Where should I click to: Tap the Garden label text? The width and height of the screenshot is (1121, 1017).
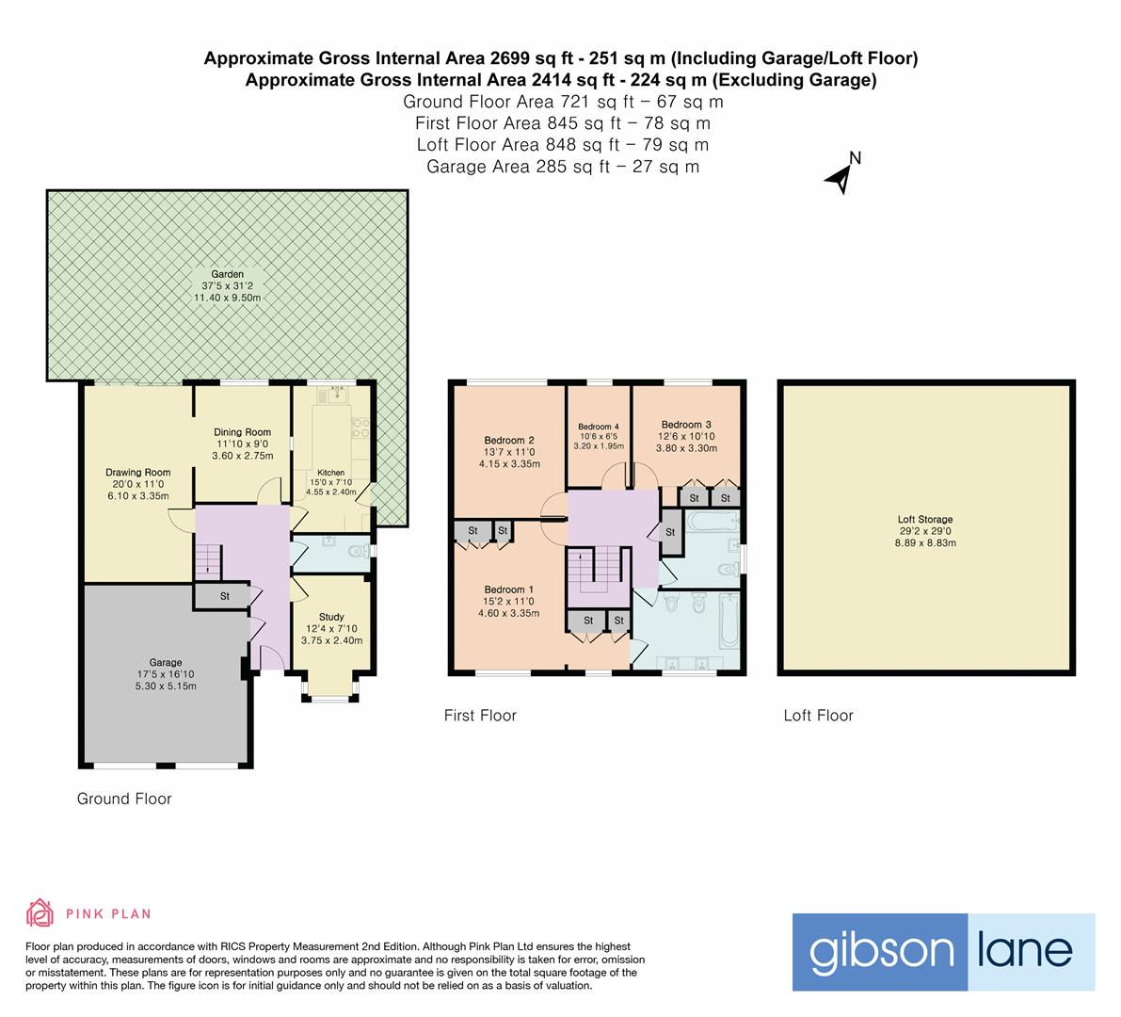[228, 274]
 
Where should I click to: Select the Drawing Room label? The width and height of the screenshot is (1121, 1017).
[137, 473]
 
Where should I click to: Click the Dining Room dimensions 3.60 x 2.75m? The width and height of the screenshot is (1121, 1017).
[244, 456]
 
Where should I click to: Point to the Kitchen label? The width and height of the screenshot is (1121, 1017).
[330, 473]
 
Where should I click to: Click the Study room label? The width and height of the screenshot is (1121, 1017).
[331, 618]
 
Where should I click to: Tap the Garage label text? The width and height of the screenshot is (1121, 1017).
[166, 662]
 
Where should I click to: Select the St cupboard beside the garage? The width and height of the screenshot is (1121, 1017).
[226, 596]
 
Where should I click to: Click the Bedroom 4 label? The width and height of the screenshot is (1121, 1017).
[599, 427]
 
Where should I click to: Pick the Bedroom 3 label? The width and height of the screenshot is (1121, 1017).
[686, 425]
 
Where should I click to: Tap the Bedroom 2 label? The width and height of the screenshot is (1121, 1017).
[509, 440]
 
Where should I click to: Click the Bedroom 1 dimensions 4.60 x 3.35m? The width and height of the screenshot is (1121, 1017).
[508, 613]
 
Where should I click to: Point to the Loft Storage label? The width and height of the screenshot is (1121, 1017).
[924, 519]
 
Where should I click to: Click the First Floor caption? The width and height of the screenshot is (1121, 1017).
[480, 716]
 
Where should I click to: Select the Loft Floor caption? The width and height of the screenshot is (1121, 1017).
[818, 716]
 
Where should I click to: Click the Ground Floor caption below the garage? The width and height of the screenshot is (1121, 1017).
[124, 799]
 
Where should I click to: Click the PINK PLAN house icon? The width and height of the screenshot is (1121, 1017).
[40, 912]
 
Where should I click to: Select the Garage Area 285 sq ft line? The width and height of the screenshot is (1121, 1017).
[562, 167]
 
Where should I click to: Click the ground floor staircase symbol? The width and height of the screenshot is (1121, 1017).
[207, 563]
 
